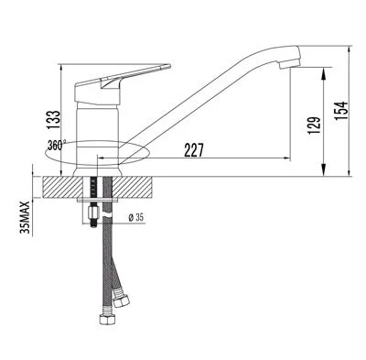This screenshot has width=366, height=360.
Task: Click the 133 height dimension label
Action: [x=55, y=120]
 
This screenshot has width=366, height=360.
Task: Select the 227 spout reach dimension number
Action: [x=193, y=150]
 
